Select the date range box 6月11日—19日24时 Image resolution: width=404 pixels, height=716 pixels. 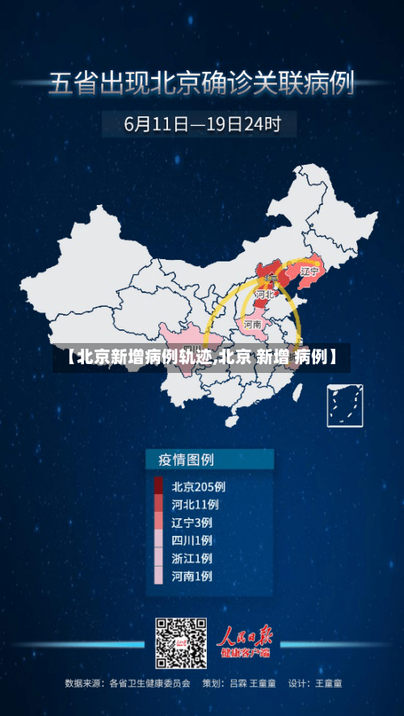[202, 124]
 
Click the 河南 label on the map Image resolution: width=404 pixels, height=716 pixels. [253, 325]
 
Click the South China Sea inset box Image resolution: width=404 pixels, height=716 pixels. [344, 405]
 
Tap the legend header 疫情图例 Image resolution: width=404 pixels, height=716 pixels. [180, 460]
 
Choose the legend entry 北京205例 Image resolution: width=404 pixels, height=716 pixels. [198, 487]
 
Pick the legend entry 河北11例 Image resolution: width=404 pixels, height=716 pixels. [195, 505]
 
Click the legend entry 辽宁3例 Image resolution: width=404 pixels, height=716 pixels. [192, 522]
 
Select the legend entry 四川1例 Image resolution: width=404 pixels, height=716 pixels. [192, 540]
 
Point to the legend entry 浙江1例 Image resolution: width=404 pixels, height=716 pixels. [192, 558]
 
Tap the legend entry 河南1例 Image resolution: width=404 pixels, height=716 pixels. [192, 576]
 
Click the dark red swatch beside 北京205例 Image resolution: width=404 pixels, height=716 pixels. [158, 486]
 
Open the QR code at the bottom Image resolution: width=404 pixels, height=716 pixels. [182, 643]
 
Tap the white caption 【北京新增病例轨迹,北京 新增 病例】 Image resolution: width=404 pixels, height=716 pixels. [202, 356]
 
